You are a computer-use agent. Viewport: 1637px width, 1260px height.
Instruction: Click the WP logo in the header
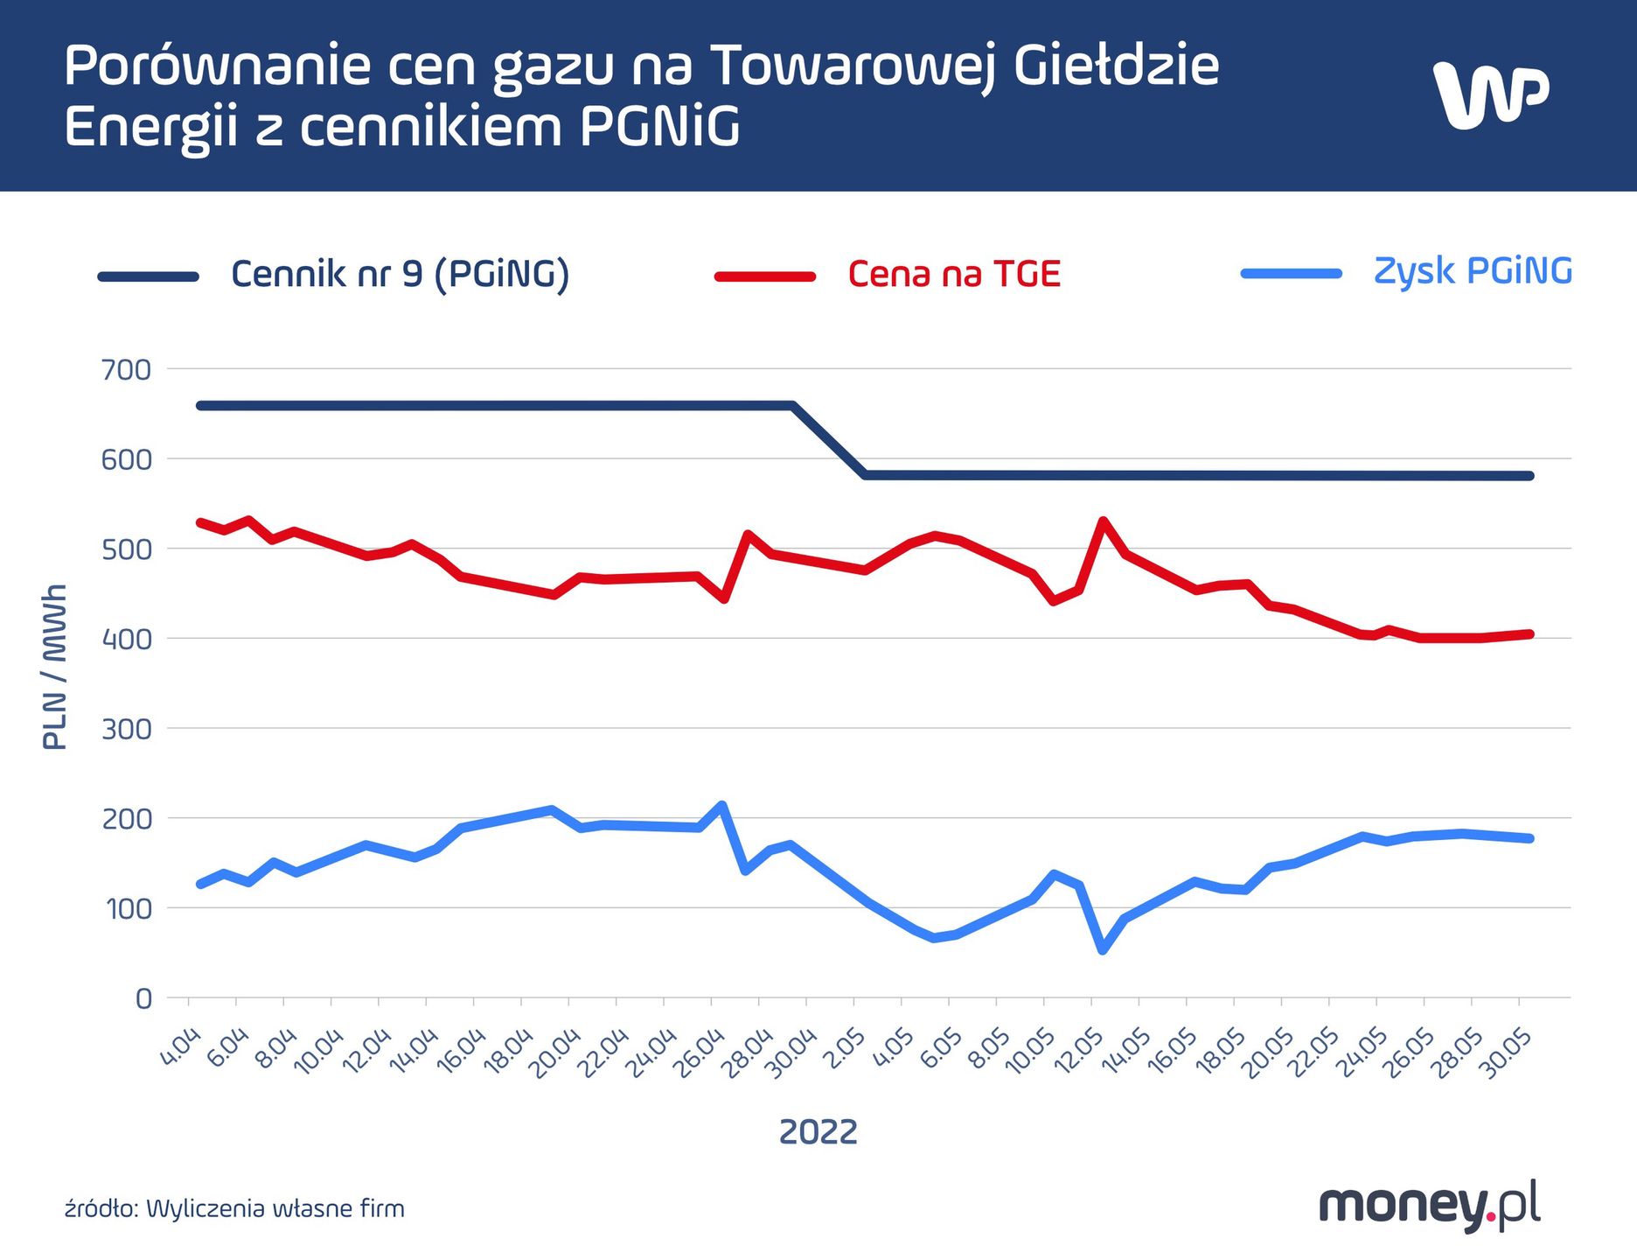click(x=1490, y=94)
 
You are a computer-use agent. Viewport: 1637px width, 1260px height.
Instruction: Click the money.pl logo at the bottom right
click(x=1429, y=1206)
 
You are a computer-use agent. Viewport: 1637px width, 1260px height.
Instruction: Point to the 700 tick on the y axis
click(x=126, y=370)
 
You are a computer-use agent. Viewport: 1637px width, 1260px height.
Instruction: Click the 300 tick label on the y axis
click(x=126, y=729)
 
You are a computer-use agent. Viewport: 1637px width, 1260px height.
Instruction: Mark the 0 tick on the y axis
click(x=143, y=998)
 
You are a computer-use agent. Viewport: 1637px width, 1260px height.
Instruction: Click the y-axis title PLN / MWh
click(x=54, y=667)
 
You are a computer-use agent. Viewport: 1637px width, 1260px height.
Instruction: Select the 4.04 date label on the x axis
click(x=182, y=1047)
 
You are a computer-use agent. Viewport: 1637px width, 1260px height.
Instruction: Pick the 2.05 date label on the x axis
click(x=845, y=1047)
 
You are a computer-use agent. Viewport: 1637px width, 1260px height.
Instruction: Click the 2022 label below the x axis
click(x=818, y=1132)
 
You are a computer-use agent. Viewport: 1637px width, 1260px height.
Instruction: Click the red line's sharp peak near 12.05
click(x=1103, y=521)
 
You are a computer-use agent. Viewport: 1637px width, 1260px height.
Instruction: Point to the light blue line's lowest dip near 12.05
click(x=1103, y=950)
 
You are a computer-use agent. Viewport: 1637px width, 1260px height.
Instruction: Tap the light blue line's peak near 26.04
click(x=721, y=804)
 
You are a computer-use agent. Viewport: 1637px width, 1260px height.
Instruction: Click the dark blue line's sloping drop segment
click(x=829, y=440)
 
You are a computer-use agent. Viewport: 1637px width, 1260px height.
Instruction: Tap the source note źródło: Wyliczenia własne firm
click(x=234, y=1209)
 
